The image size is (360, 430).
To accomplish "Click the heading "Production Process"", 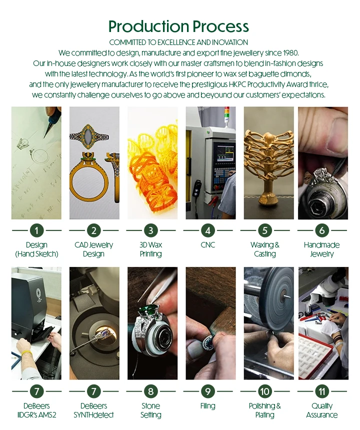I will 178,26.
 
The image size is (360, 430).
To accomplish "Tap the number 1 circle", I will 36,230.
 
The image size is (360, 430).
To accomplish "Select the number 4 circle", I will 207,230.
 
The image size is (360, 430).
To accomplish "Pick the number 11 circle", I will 321,391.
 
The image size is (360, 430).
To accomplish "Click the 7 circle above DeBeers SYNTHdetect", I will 93,391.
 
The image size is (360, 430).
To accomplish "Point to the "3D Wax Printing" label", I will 150,249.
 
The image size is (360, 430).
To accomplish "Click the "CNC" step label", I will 207,245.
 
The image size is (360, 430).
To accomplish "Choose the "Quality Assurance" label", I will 321,410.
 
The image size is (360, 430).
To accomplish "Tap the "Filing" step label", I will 207,406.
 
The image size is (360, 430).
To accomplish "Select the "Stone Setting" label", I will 150,410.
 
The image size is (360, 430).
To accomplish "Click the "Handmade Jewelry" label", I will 321,249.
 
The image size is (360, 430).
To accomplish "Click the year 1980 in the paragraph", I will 288,53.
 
